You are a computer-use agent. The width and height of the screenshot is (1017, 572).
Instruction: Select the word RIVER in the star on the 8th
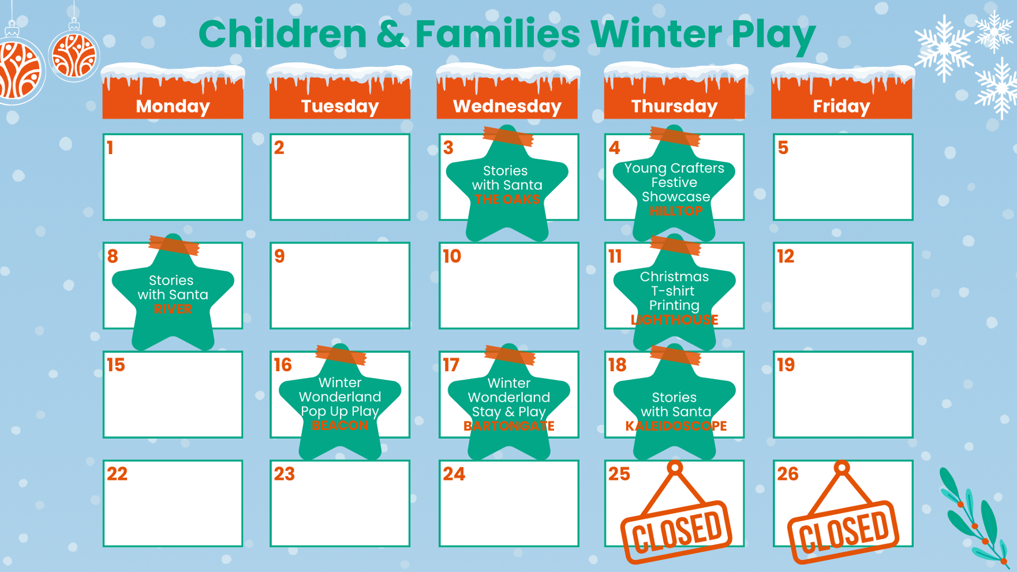pos(173,309)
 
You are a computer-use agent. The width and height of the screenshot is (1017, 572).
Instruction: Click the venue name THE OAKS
pos(507,200)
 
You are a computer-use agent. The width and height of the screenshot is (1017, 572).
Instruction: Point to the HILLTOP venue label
pos(676,211)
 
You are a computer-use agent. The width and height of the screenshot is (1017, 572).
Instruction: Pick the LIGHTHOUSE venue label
pos(674,320)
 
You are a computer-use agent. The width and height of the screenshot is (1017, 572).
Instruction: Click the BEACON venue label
pos(340,426)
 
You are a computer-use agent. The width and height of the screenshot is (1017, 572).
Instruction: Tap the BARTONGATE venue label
pos(508,426)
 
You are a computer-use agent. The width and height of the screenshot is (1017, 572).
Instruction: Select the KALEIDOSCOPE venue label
pos(676,426)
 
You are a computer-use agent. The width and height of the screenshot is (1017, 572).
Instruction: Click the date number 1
pos(110,148)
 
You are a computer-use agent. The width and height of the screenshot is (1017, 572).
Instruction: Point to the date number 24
pos(454,474)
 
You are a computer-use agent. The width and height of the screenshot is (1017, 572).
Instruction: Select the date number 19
pos(786,365)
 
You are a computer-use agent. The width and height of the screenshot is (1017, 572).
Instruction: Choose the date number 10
pos(452,256)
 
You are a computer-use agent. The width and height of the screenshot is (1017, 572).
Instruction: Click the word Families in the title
pos(497,33)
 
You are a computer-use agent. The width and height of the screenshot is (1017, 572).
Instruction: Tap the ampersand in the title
pos(391,34)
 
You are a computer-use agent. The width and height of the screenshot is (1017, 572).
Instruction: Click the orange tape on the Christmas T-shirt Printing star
pos(675,246)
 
